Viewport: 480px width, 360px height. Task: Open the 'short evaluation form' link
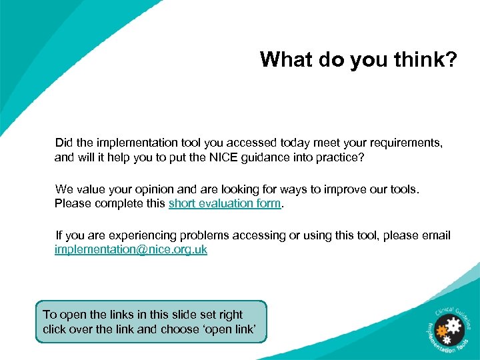[225, 203]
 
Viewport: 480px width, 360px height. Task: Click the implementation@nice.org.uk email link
[131, 249]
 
